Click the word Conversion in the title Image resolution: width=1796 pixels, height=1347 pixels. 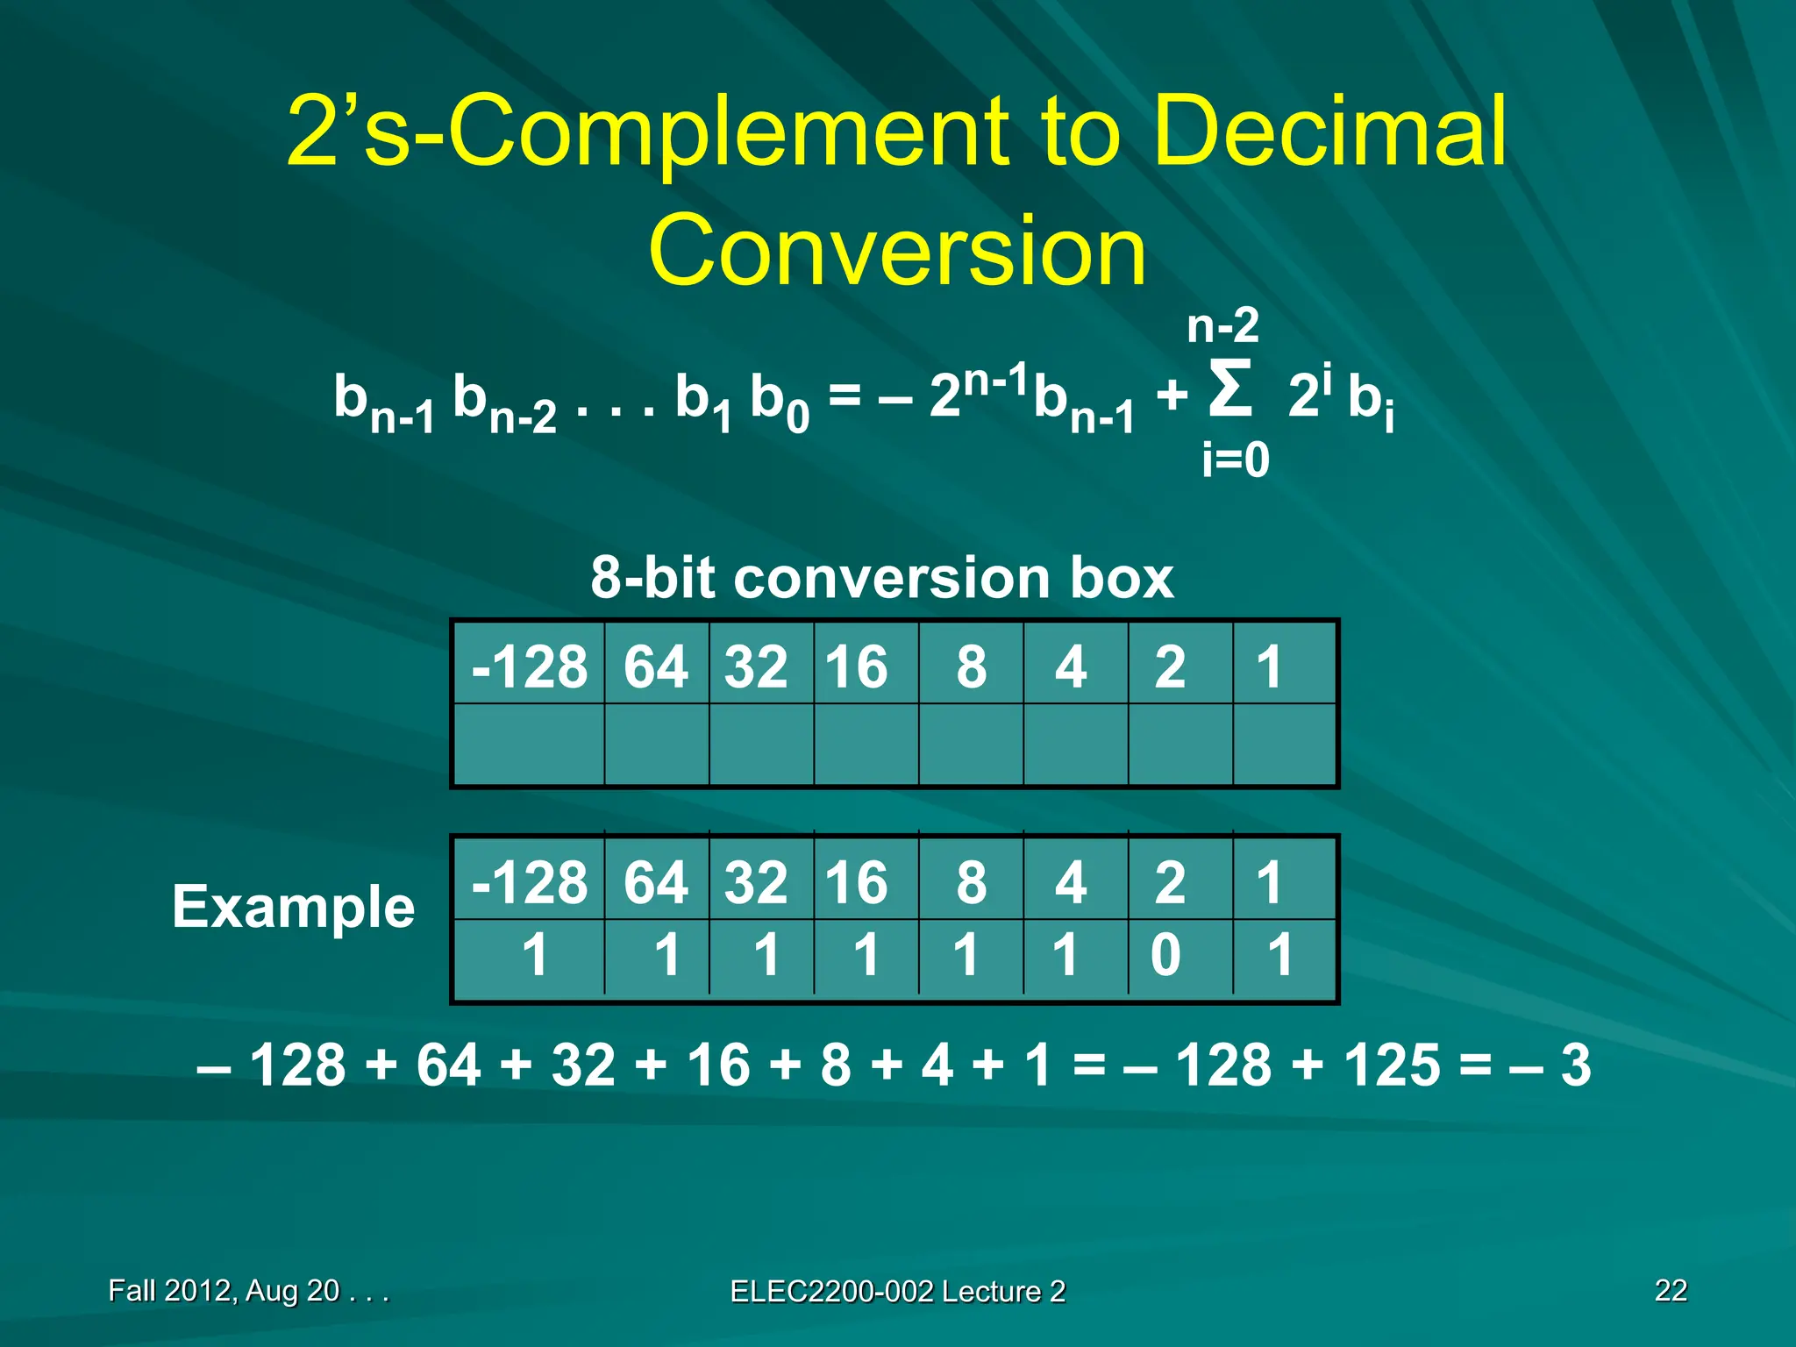coord(897,251)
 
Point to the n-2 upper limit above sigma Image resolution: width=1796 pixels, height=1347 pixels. coord(1222,326)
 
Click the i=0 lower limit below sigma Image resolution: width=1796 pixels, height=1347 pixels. coord(1235,460)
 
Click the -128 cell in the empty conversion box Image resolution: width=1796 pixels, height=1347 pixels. coord(529,666)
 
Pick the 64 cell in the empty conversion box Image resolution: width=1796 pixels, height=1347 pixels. coord(655,666)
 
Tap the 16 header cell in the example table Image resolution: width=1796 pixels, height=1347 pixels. coord(857,882)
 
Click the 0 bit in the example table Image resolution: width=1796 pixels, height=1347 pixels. coord(1165,954)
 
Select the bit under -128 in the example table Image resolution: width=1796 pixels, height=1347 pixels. coord(535,954)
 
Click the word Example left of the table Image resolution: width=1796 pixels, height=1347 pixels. coord(293,907)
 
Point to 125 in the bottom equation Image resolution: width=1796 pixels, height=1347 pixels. coord(1393,1065)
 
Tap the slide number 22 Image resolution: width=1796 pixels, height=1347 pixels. coord(1670,1290)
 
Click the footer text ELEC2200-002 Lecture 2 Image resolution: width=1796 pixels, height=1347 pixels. coord(897,1291)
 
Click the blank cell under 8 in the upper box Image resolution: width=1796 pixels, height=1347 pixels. coord(971,745)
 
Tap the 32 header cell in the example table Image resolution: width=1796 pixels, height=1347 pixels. coord(756,882)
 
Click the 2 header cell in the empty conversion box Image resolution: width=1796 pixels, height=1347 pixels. coord(1170,666)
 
